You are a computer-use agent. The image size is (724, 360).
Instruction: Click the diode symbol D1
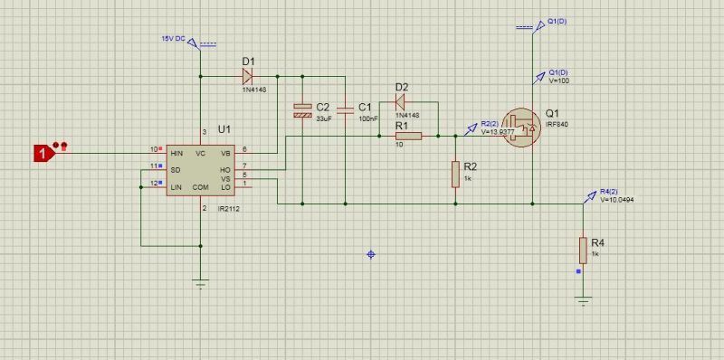[x=247, y=76]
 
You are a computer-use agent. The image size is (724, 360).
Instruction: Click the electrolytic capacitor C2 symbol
[x=303, y=111]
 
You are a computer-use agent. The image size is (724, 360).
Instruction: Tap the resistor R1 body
[x=407, y=137]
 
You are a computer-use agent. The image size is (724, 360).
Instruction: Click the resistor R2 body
[x=454, y=175]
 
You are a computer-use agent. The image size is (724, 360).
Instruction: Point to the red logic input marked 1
[x=42, y=153]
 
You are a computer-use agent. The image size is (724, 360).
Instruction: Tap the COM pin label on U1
[x=201, y=187]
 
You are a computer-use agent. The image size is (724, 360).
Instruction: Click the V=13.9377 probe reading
[x=498, y=131]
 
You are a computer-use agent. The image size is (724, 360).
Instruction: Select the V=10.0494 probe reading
[x=619, y=200]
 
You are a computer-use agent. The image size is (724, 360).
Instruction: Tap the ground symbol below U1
[x=201, y=283]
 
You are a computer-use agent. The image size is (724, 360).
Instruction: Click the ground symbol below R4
[x=584, y=299]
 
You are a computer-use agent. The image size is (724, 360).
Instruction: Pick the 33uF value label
[x=324, y=118]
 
